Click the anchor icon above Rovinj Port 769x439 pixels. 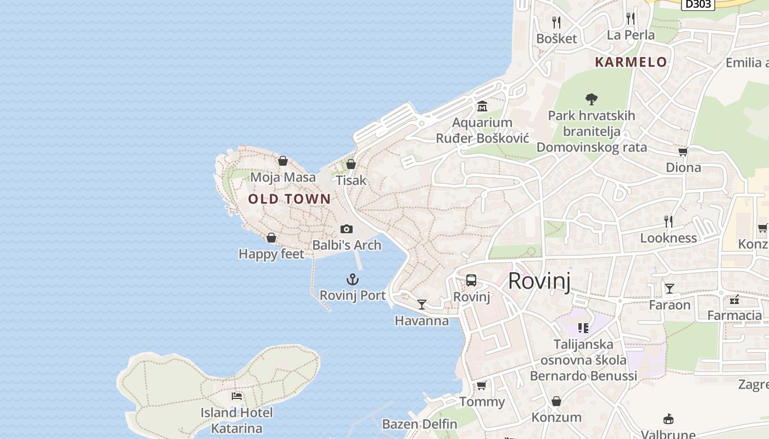tap(352, 279)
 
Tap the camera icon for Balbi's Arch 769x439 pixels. tap(346, 229)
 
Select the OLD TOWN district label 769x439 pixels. tap(289, 199)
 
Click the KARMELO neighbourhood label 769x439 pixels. tap(631, 62)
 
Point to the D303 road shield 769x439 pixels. tap(698, 4)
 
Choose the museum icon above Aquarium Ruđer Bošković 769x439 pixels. tap(482, 106)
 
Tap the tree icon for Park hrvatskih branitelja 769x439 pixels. tap(592, 99)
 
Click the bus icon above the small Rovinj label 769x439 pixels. tap(471, 280)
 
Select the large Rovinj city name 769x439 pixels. tap(539, 280)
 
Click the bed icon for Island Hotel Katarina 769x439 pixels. tap(237, 396)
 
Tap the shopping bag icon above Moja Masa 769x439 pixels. tap(283, 161)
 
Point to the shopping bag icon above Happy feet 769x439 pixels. tap(271, 238)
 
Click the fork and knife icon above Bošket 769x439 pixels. tap(556, 22)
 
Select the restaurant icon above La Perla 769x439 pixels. tap(631, 19)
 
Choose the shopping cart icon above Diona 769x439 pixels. tap(683, 151)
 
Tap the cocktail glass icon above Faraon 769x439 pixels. tap(670, 289)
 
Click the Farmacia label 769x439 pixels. tap(734, 316)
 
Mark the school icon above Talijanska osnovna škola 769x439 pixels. tap(583, 328)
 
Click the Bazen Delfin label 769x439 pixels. tap(420, 424)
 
